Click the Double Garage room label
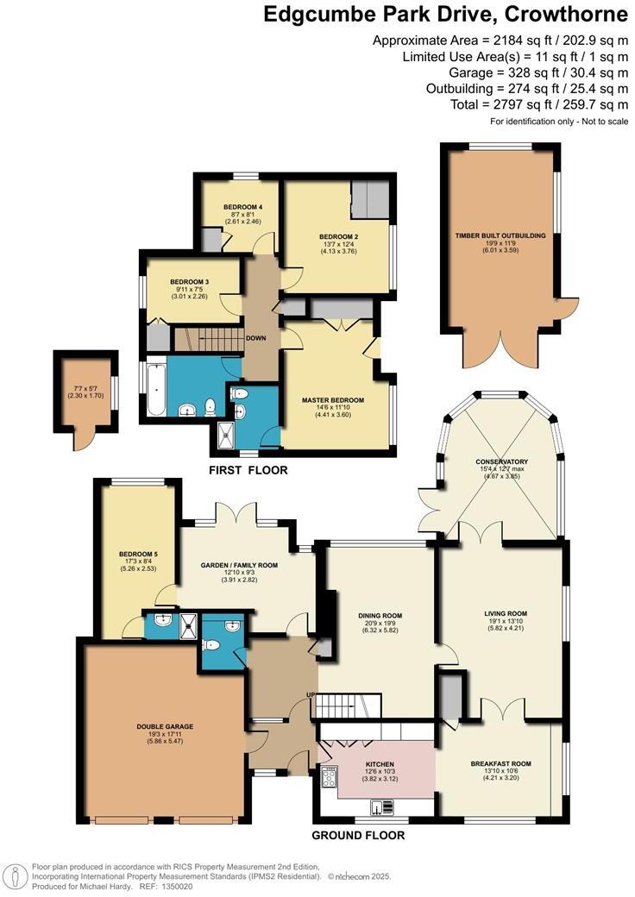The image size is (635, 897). tap(164, 727)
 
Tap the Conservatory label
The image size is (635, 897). tap(501, 461)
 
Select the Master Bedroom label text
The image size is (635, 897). tap(332, 400)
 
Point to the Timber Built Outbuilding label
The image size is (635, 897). tap(500, 235)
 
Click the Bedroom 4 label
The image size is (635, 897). tap(242, 207)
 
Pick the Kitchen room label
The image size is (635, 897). tap(380, 764)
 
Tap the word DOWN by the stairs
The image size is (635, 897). tap(255, 339)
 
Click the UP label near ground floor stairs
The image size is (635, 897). tap(310, 696)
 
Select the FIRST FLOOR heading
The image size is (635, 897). tap(248, 470)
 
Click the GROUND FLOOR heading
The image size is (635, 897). tap(358, 835)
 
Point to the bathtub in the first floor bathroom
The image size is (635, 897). tap(155, 389)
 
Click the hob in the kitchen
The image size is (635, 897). tap(329, 779)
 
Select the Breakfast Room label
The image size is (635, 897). tap(500, 764)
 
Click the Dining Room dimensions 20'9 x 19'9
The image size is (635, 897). tap(380, 624)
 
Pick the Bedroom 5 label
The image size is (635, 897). tap(138, 553)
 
